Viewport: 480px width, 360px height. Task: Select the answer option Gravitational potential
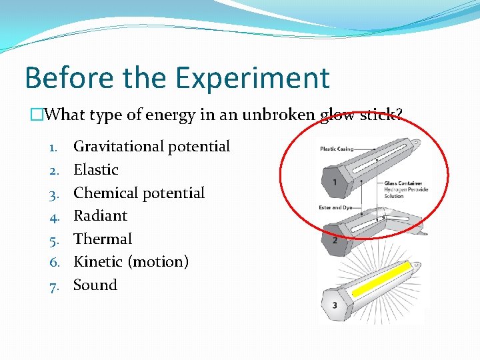tap(151, 147)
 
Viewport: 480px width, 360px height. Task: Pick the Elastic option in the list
tap(95, 170)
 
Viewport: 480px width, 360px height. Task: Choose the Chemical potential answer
tap(139, 193)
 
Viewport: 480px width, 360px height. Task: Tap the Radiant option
tap(100, 216)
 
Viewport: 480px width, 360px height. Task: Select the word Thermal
tap(103, 239)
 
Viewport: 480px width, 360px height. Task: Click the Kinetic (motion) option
tap(131, 262)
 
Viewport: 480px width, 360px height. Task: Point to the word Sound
tap(95, 285)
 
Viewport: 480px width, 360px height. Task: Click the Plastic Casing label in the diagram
tap(337, 149)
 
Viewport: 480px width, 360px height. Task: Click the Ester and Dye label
tap(334, 207)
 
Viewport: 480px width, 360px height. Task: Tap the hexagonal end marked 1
tap(329, 182)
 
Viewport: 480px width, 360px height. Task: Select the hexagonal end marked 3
tap(334, 305)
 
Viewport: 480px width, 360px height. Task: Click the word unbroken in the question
tap(278, 115)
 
